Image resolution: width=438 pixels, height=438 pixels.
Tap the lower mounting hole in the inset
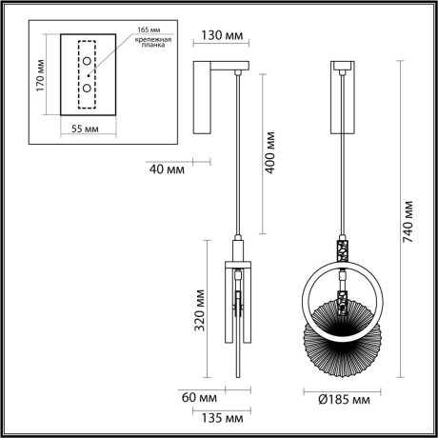pyautogui.click(x=87, y=89)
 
